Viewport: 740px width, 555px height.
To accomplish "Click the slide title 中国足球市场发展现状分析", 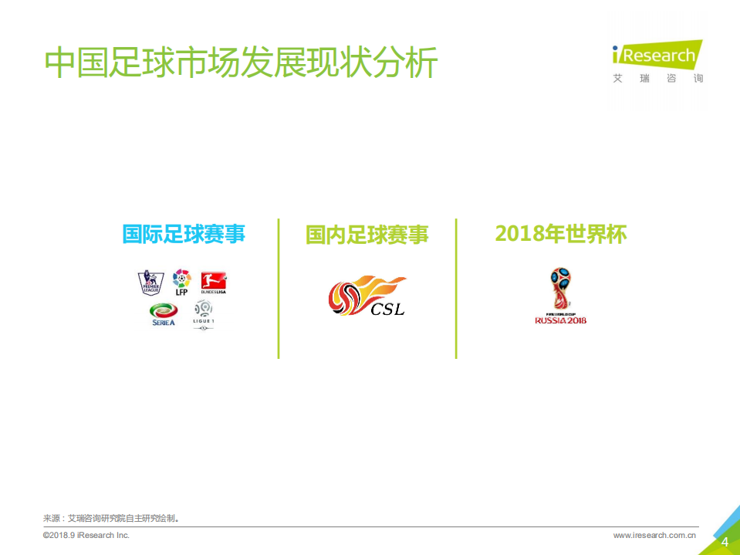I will pyautogui.click(x=241, y=63).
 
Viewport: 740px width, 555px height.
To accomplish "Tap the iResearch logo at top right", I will pyautogui.click(x=657, y=56).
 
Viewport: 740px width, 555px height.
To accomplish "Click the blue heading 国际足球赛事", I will pyautogui.click(x=184, y=234).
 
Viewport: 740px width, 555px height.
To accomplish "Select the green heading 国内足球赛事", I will pyautogui.click(x=367, y=235).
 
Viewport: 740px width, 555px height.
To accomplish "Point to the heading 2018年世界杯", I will pyautogui.click(x=560, y=234).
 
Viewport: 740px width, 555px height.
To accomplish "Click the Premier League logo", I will pyautogui.click(x=150, y=283).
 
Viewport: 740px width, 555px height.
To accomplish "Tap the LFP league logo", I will pyautogui.click(x=181, y=283).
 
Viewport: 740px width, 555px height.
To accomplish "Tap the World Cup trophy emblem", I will pyautogui.click(x=561, y=289).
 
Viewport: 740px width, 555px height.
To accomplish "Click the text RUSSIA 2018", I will pyautogui.click(x=561, y=320).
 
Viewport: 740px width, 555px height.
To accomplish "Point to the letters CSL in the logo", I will pyautogui.click(x=387, y=310).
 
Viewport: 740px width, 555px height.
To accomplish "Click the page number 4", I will pyautogui.click(x=725, y=542).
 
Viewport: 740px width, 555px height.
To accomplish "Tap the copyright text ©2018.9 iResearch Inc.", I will pyautogui.click(x=86, y=536).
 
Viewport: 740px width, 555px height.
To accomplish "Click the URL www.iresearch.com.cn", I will pyautogui.click(x=655, y=536).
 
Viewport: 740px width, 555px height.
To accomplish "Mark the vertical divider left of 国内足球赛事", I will pyautogui.click(x=279, y=289).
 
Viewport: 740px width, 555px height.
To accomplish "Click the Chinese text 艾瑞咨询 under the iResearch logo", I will pyautogui.click(x=658, y=79).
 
